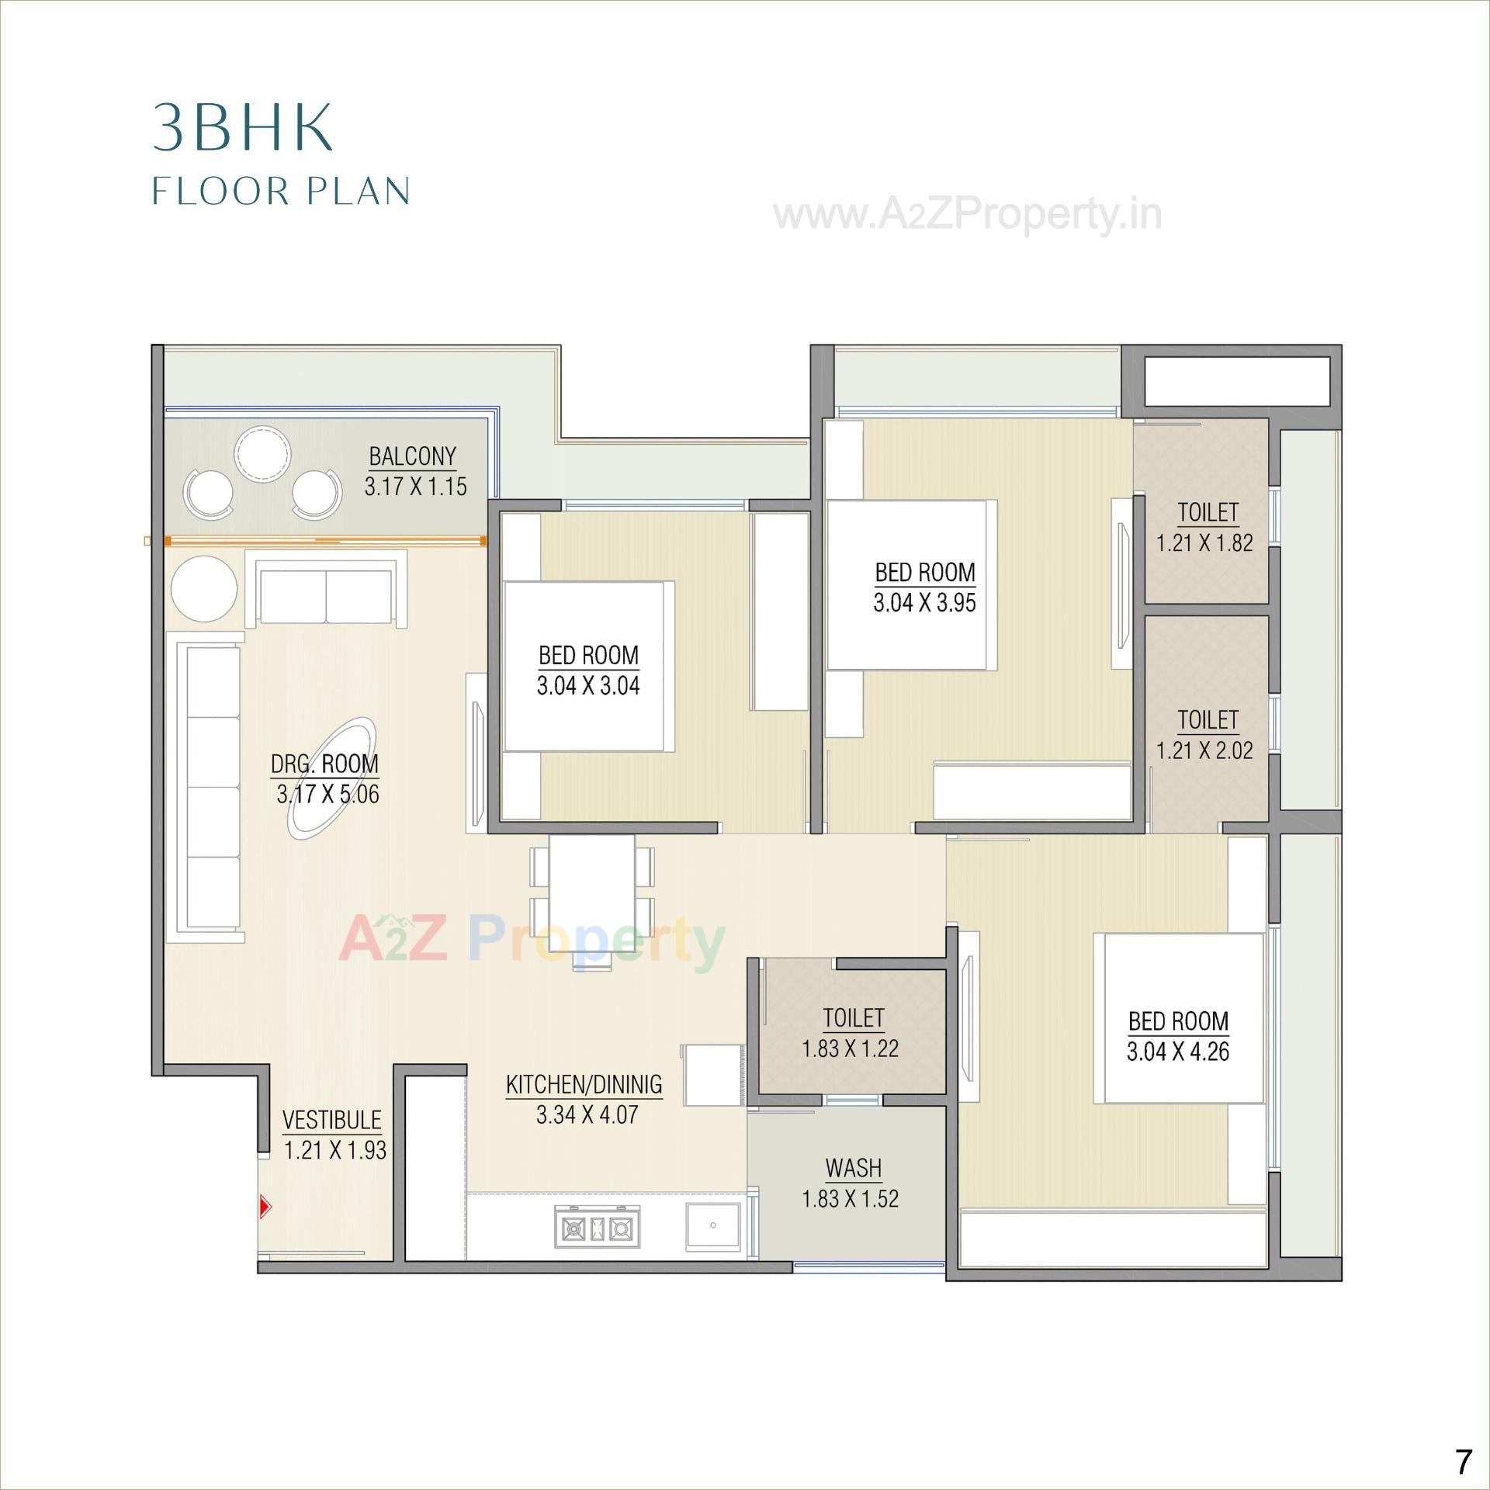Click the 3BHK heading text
pyautogui.click(x=242, y=126)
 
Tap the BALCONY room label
pyautogui.click(x=412, y=456)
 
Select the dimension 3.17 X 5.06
pyautogui.click(x=327, y=795)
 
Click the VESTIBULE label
pyautogui.click(x=332, y=1120)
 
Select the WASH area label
pyautogui.click(x=854, y=1168)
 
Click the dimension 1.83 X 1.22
pyautogui.click(x=850, y=1048)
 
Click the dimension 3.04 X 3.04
pyautogui.click(x=588, y=686)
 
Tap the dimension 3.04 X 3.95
pyautogui.click(x=924, y=603)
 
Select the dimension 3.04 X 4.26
pyautogui.click(x=1178, y=1052)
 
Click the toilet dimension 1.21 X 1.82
pyautogui.click(x=1204, y=542)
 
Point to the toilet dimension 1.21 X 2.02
pyautogui.click(x=1204, y=750)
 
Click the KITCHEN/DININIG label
pyautogui.click(x=584, y=1084)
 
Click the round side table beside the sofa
pyautogui.click(x=204, y=588)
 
